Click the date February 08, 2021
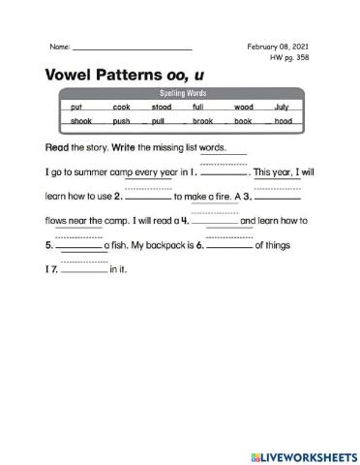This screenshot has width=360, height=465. pos(279,46)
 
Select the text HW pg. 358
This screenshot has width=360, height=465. pos(289,57)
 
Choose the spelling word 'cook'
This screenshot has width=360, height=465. pos(121,107)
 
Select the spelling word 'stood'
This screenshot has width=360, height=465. pos(162,107)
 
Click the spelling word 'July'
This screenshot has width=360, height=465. pos(282,107)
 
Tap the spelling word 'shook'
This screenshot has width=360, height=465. pos(81,121)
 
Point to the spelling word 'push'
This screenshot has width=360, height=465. pos(121,121)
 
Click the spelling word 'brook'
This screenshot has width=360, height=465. pos(202,121)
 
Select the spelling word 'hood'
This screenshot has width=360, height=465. pos(283,121)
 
